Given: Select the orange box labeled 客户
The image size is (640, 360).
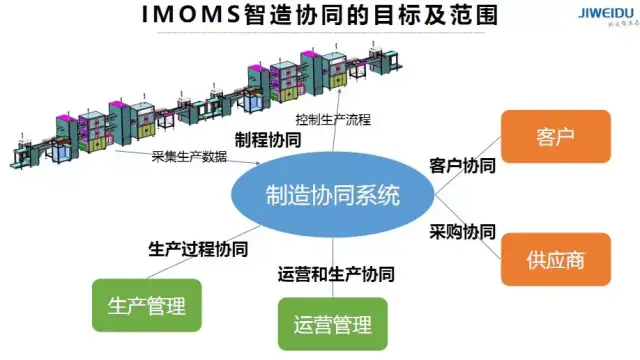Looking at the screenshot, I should click(x=541, y=136).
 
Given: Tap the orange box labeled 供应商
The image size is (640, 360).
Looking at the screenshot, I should click(x=541, y=261).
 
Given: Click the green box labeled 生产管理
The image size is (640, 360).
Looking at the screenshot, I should click(x=146, y=304).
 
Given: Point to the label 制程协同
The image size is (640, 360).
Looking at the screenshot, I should click(x=267, y=141).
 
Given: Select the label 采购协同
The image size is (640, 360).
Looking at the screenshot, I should click(x=462, y=231).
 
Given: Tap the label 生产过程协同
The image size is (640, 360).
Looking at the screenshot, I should click(x=196, y=246).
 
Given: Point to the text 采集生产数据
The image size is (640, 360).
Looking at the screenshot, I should click(x=189, y=157).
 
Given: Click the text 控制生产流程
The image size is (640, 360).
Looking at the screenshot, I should click(x=369, y=121).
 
